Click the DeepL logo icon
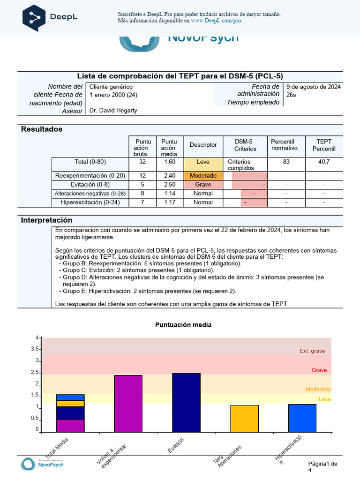[34, 17]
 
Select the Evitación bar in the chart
[187, 402]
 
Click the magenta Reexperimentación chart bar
[128, 403]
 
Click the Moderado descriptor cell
[203, 176]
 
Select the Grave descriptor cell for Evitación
[203, 185]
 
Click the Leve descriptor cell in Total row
[203, 162]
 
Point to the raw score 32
[142, 162]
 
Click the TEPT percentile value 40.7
[324, 162]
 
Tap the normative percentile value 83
[286, 162]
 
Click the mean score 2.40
[169, 176]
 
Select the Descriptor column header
[203, 145]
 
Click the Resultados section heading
[42, 129]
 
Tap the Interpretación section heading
[47, 220]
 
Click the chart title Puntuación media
[183, 325]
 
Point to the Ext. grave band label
[312, 351]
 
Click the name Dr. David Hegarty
[113, 111]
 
